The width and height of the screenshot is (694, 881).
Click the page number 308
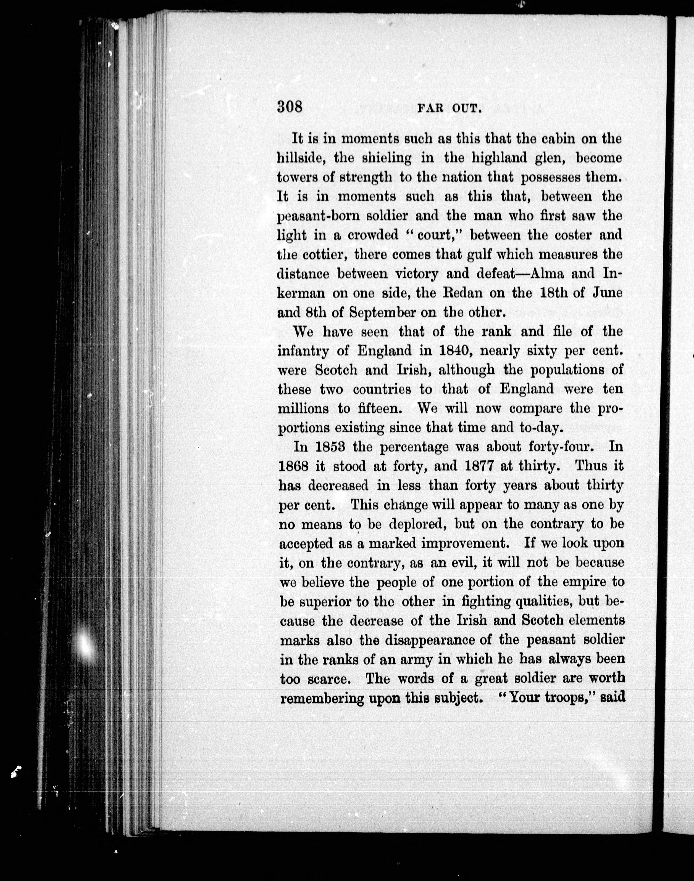pos(290,107)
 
